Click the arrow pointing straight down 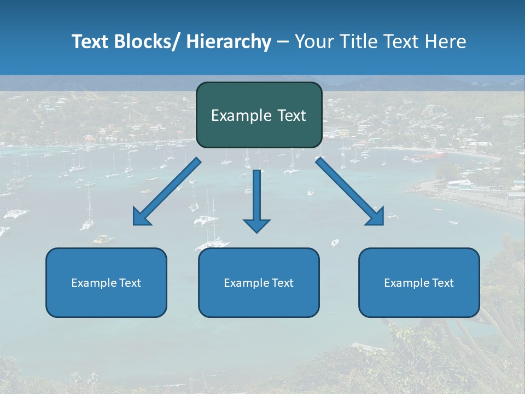(x=256, y=200)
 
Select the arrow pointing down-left (x=167, y=192)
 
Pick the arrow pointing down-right (x=350, y=192)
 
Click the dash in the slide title (x=283, y=42)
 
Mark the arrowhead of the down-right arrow (x=376, y=217)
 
